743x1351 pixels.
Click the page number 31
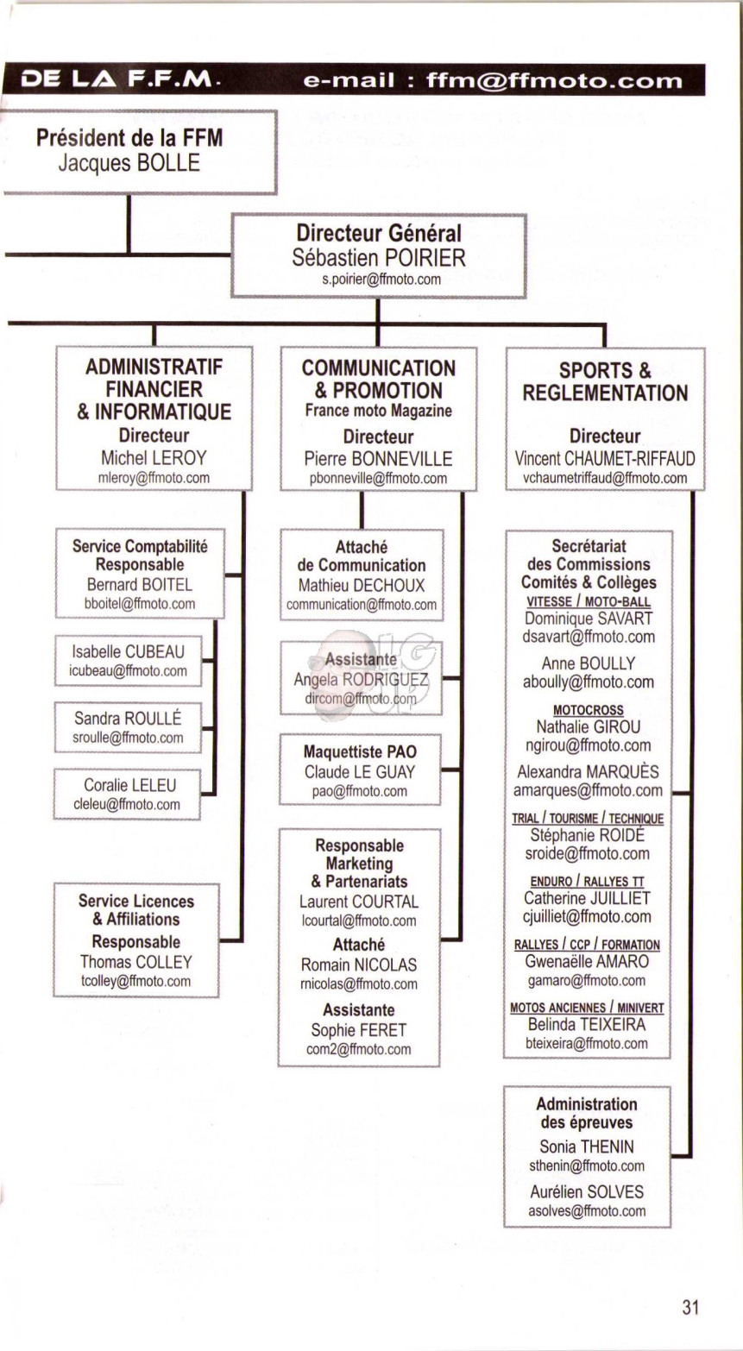pos(690,1307)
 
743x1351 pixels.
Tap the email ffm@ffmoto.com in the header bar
pos(554,80)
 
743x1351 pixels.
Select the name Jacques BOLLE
pos(129,163)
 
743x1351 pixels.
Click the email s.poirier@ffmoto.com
pos(381,280)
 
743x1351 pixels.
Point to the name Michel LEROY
pos(154,458)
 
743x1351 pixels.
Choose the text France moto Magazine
pos(379,411)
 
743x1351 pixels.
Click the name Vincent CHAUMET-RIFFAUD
pos(605,458)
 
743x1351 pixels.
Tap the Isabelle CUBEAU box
pos(128,661)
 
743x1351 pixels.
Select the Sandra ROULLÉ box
pos(128,727)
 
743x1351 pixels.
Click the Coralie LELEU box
pos(127,795)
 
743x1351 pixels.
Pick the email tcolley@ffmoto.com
pos(135,981)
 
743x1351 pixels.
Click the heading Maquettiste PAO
pos(360,751)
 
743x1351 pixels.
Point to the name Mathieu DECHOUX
pos(362,585)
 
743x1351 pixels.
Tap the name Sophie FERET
pos(359,1030)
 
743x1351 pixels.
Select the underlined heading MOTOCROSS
pos(589,710)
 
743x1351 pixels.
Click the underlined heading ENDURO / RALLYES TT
pos(588,881)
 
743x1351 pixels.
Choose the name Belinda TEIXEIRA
pos(587,1025)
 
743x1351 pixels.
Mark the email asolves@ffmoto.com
pos(587,1210)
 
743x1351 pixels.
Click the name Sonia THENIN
pos(587,1146)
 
